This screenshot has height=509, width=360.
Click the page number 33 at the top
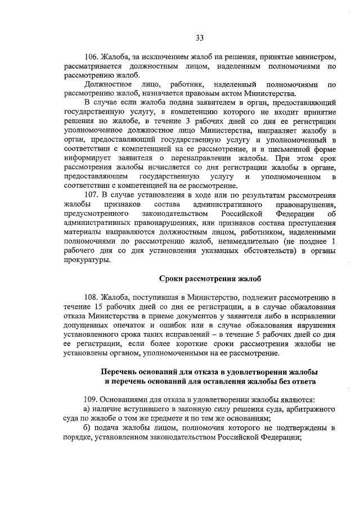199,38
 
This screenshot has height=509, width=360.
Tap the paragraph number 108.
91,296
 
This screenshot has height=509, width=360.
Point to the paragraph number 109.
91,399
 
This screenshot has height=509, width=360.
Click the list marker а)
87,409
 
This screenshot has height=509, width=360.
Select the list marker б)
87,429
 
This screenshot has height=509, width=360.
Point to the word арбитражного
310,409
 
